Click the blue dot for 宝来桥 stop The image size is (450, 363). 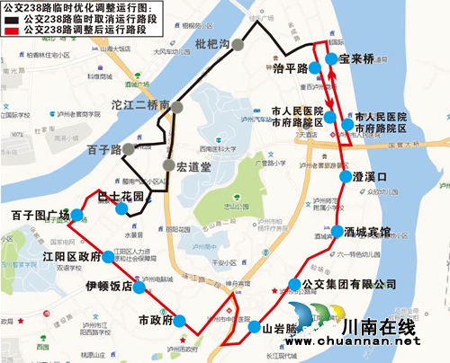[x=331, y=59]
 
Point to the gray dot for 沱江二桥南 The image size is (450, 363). [x=177, y=108]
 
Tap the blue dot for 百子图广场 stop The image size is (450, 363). [x=76, y=215]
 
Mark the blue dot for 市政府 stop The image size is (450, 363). [x=180, y=321]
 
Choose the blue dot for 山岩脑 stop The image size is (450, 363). [x=255, y=327]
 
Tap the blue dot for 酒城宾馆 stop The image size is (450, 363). [x=337, y=232]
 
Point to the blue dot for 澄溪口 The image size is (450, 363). [x=345, y=177]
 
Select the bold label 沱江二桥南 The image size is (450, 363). [x=140, y=106]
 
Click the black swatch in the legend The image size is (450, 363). [x=11, y=17]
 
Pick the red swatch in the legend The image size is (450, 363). [x=11, y=29]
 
